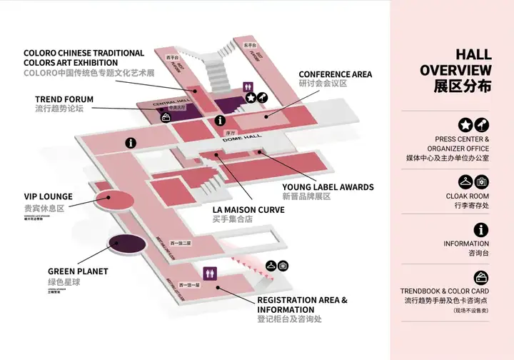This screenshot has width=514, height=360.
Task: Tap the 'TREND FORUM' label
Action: point(64,99)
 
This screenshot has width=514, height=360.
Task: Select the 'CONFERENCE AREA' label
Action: point(335,74)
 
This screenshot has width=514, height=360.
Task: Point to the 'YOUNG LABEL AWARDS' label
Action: point(328,187)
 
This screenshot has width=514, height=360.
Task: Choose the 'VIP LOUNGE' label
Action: point(48,196)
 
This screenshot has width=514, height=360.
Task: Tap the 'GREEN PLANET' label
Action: point(78,271)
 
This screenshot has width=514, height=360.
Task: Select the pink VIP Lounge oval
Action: point(114,201)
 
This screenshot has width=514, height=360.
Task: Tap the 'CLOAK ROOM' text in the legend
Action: point(468,196)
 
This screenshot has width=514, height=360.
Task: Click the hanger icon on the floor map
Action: point(271,266)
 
